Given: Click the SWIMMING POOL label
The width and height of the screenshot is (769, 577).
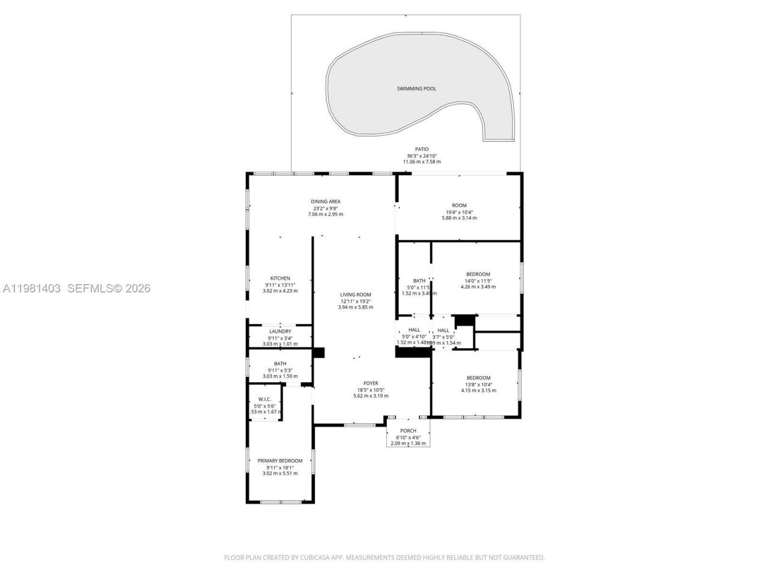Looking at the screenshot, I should [416, 88].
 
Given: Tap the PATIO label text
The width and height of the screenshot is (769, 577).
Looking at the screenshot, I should [422, 149].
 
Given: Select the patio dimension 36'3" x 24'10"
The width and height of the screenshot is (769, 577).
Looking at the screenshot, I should [422, 156].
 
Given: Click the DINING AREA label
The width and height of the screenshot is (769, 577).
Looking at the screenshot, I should [326, 201].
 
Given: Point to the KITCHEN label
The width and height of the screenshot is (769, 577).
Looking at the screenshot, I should [280, 278].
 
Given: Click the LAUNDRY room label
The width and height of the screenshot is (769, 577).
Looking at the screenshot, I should [280, 331].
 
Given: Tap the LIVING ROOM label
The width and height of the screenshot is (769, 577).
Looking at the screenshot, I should [356, 295].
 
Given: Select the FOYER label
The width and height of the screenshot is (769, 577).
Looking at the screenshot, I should [371, 383].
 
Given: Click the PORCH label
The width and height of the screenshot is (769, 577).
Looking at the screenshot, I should [409, 430].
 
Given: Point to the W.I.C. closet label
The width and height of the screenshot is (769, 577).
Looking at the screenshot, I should [264, 399].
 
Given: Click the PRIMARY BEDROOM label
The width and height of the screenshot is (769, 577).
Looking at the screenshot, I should [280, 460].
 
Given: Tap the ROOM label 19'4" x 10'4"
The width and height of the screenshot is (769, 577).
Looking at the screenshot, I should [459, 205].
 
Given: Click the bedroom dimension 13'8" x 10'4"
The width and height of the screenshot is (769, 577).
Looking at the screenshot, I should [478, 384].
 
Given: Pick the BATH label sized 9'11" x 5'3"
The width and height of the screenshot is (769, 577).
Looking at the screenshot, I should [280, 363].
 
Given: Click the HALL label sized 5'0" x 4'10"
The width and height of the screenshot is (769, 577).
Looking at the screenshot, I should [415, 330].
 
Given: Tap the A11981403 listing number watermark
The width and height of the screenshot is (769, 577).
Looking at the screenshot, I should [31, 288].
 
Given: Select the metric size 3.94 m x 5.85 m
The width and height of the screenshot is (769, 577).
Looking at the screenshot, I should [356, 307].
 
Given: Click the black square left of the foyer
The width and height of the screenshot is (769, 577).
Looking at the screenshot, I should [318, 353].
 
